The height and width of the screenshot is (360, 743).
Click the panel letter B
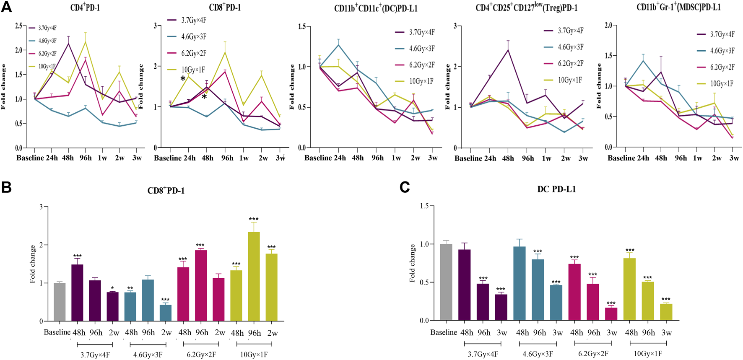(x=6, y=187)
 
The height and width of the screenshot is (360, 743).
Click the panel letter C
(x=405, y=187)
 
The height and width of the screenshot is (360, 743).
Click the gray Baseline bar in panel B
(x=60, y=302)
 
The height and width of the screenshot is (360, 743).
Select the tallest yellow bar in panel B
(x=254, y=277)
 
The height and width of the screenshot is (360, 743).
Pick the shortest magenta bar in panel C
(x=611, y=314)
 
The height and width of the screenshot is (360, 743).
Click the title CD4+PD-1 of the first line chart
(x=85, y=8)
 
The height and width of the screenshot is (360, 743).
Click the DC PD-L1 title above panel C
(x=556, y=189)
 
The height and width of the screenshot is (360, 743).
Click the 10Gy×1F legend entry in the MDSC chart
(x=721, y=83)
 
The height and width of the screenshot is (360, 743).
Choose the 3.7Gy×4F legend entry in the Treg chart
(x=570, y=31)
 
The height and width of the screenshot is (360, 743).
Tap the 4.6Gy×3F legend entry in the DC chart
(x=422, y=49)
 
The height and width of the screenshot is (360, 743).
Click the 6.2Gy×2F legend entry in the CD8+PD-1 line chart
(x=193, y=53)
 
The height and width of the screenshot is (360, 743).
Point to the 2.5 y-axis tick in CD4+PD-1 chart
(x=18, y=26)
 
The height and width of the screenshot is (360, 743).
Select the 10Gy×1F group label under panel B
(x=254, y=354)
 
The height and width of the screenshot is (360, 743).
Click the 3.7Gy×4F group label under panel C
(x=483, y=354)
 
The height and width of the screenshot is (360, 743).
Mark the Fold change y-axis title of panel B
(x=33, y=264)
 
